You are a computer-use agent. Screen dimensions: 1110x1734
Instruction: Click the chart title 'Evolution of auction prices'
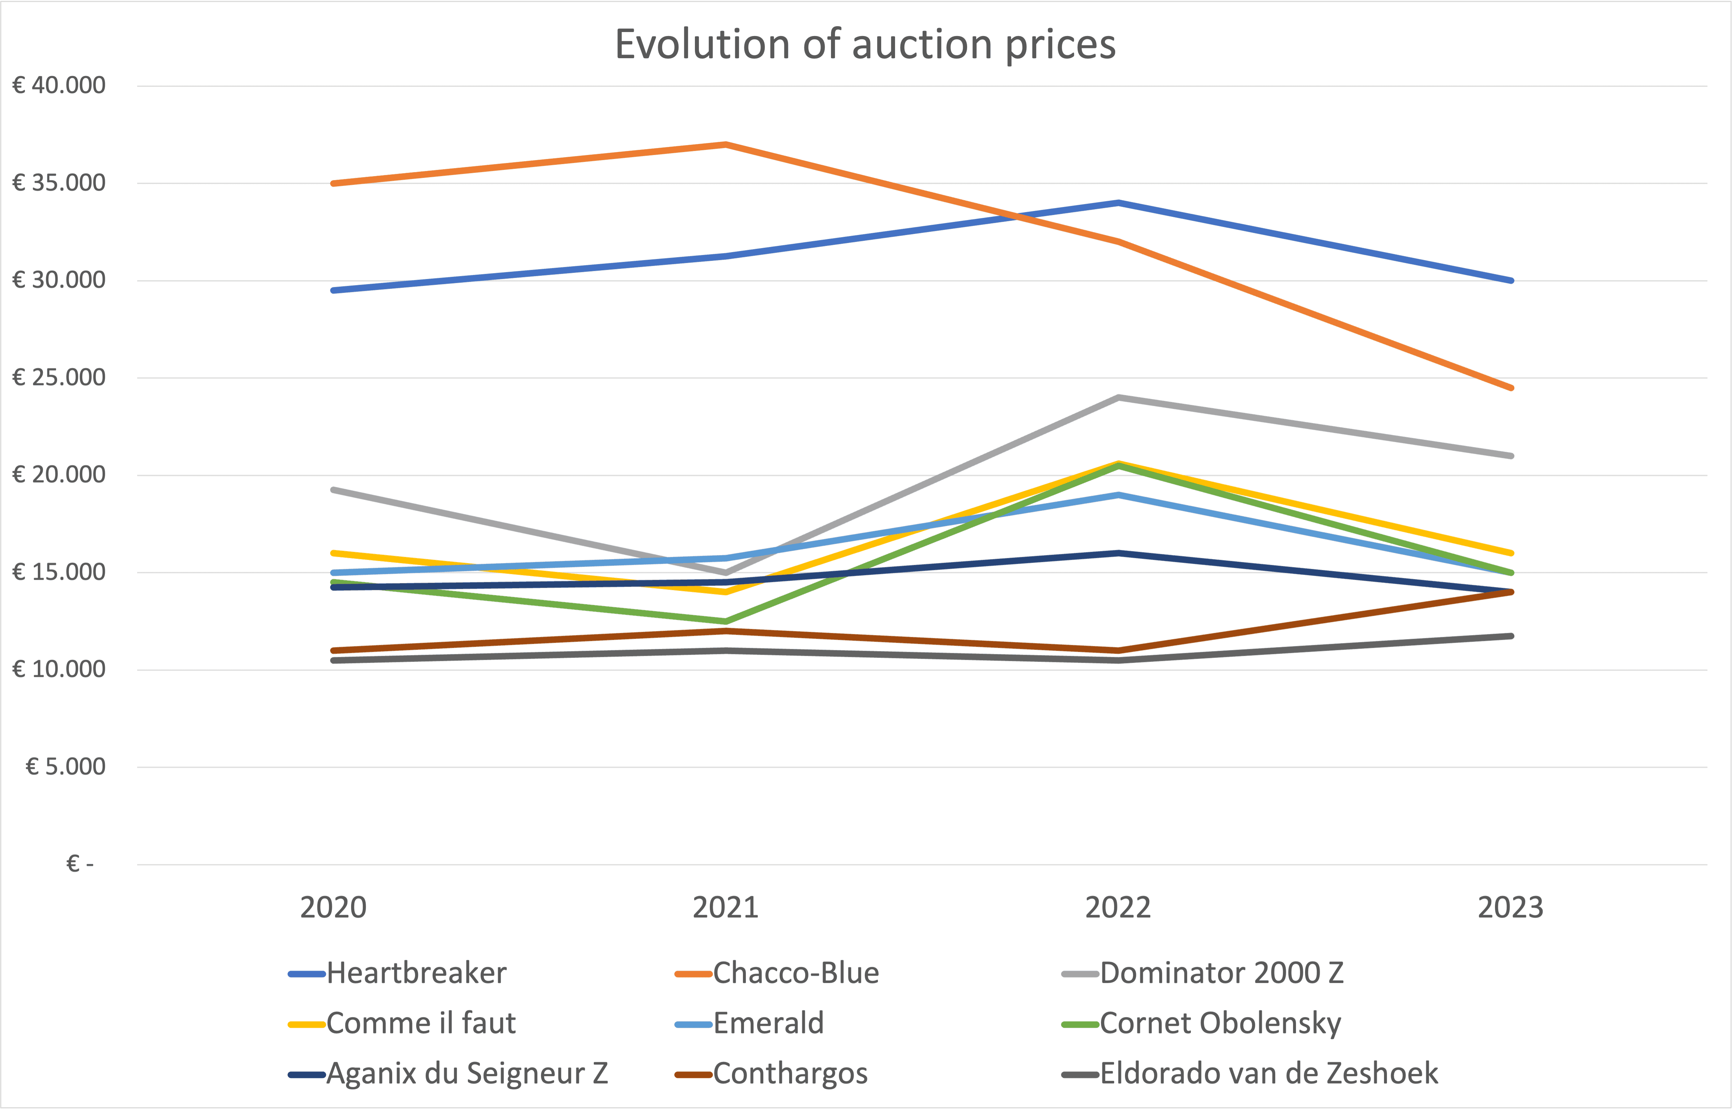click(x=865, y=45)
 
